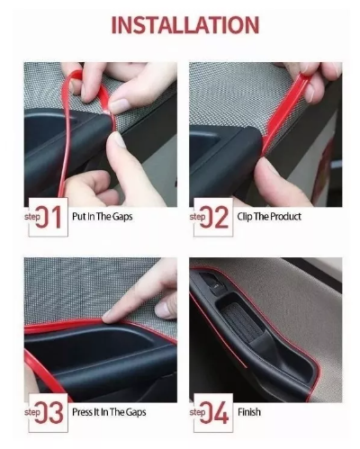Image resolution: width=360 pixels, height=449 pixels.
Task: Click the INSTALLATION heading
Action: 185,25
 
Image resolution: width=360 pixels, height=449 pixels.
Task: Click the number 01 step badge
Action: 48,217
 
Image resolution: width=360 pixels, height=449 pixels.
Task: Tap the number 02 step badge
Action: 213,217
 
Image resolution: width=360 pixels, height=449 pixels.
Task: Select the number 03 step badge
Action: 48,412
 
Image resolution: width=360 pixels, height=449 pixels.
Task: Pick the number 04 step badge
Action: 213,412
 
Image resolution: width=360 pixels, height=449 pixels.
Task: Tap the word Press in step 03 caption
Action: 82,412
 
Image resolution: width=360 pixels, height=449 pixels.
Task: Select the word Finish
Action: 249,412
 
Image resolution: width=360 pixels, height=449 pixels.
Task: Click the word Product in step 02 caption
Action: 285,217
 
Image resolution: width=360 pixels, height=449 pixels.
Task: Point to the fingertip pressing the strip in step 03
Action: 109,316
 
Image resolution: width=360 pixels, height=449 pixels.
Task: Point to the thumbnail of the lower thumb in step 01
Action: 119,140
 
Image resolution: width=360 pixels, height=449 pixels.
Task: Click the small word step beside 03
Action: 32,412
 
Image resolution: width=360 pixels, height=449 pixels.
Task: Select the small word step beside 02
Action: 197,217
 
